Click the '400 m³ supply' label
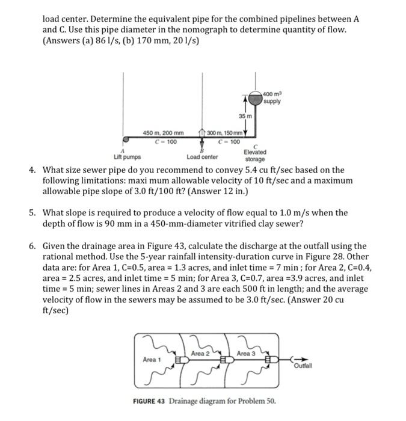point(272,97)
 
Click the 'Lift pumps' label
point(127,157)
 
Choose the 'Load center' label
point(202,157)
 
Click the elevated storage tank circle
point(257,98)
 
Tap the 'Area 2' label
point(200,353)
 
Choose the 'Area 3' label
point(246,353)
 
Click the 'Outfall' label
point(302,366)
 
